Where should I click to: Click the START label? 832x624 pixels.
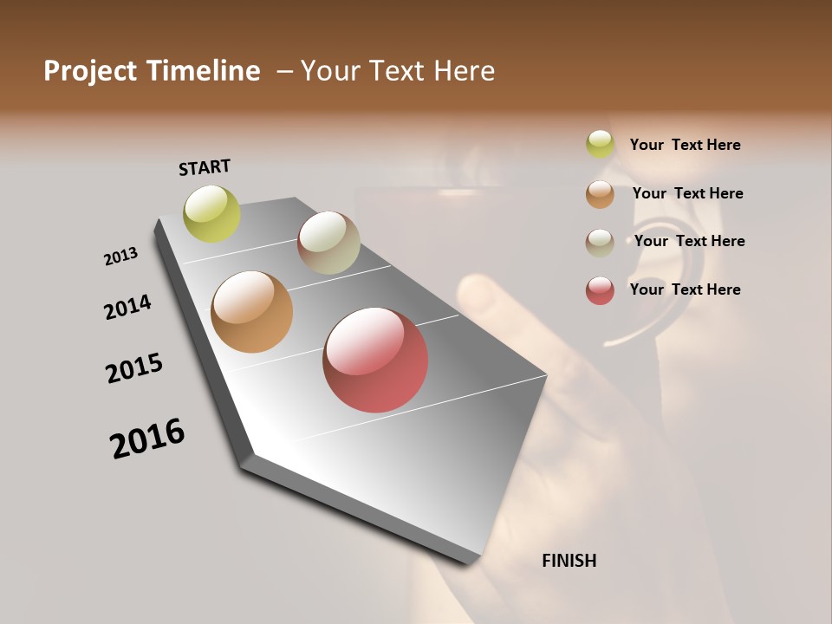pyautogui.click(x=205, y=167)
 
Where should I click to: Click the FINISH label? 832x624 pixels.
pyautogui.click(x=569, y=561)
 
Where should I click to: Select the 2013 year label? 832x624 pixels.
pyautogui.click(x=120, y=257)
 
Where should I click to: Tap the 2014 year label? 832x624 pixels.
pyautogui.click(x=127, y=307)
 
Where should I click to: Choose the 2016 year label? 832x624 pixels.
pyautogui.click(x=147, y=439)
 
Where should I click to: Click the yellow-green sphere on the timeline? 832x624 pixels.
pyautogui.click(x=211, y=213)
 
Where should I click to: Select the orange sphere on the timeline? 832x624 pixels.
pyautogui.click(x=251, y=312)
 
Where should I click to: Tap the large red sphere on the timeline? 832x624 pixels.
pyautogui.click(x=375, y=359)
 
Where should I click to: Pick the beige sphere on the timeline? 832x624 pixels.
pyautogui.click(x=328, y=243)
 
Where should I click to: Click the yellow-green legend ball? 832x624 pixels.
pyautogui.click(x=600, y=145)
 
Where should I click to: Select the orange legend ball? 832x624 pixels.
pyautogui.click(x=600, y=194)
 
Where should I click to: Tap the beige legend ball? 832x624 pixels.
pyautogui.click(x=600, y=242)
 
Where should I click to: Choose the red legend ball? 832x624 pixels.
pyautogui.click(x=600, y=290)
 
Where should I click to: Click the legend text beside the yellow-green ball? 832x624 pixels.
pyautogui.click(x=685, y=145)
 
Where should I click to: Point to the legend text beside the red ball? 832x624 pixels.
pyautogui.click(x=685, y=289)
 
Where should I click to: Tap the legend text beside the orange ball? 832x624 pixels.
pyautogui.click(x=687, y=193)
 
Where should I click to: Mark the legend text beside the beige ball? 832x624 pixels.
pyautogui.click(x=689, y=241)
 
